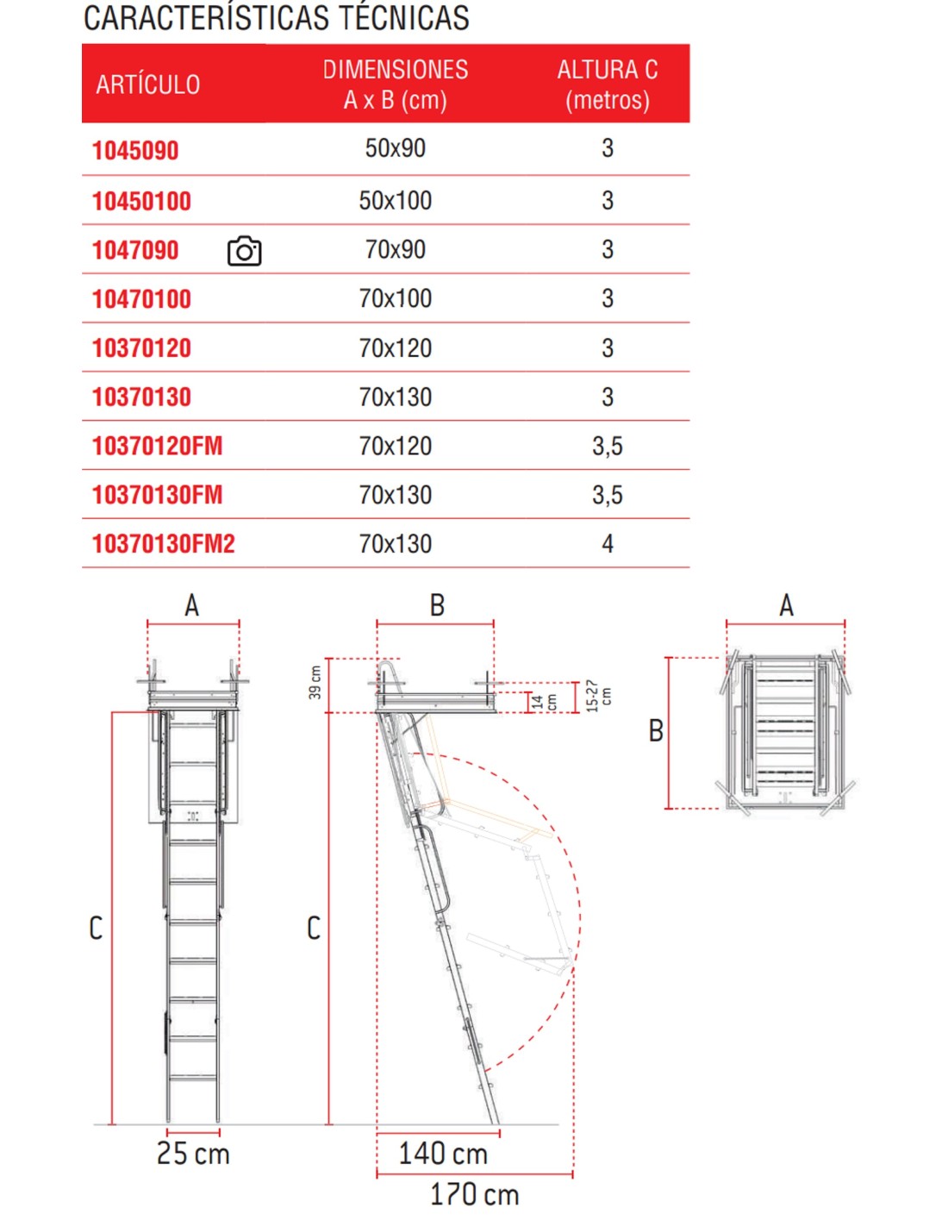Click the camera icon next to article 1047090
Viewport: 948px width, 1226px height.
point(244,251)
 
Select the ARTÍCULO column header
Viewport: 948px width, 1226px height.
point(147,84)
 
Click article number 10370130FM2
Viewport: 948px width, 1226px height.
point(163,544)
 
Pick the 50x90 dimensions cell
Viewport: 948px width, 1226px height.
point(395,148)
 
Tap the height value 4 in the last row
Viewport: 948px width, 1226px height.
point(607,544)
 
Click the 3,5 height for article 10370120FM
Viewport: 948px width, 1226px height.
point(607,446)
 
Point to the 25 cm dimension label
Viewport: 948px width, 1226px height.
point(193,1154)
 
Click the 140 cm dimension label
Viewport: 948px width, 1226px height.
point(442,1154)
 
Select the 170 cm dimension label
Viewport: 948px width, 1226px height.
point(474,1195)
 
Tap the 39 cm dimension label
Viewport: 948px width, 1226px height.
point(315,682)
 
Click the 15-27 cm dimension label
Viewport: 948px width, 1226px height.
point(597,695)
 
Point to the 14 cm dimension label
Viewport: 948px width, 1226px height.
point(544,702)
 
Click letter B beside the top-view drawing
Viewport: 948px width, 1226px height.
point(656,731)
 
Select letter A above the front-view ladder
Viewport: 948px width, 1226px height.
point(192,605)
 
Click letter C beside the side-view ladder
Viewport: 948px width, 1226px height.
point(314,929)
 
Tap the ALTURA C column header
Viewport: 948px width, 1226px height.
point(607,84)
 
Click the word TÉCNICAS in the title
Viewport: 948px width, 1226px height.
point(403,18)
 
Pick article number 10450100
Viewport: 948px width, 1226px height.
point(141,202)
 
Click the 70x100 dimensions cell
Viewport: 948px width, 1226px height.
point(395,298)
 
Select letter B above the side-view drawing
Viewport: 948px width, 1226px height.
point(437,605)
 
